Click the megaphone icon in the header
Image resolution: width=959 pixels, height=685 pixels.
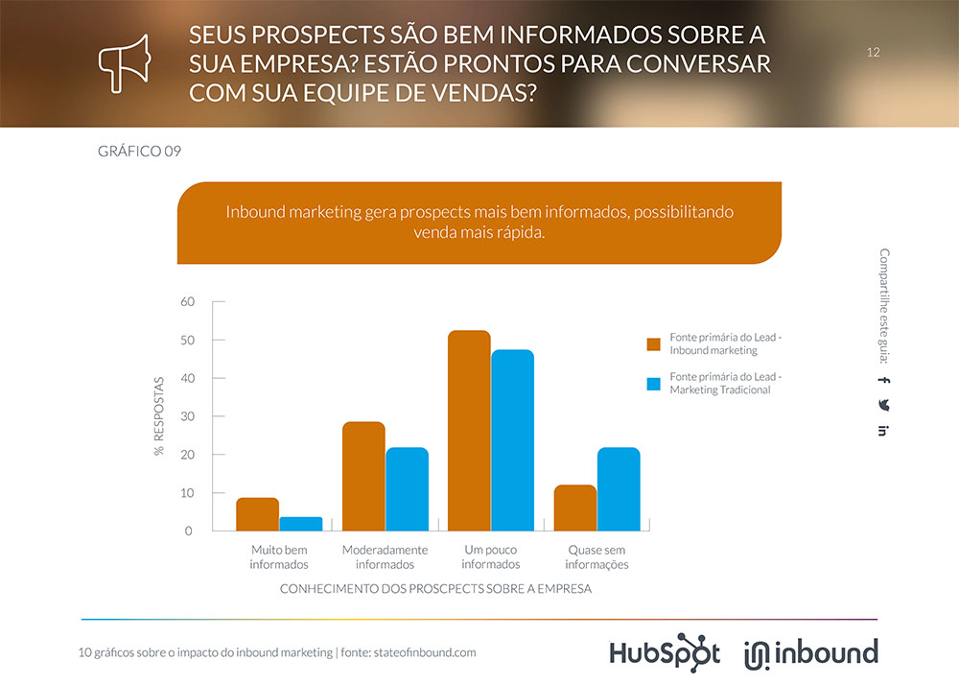125,62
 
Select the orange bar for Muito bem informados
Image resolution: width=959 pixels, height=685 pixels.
258,514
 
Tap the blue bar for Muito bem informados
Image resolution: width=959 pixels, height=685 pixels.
301,524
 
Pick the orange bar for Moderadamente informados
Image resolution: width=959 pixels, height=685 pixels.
363,476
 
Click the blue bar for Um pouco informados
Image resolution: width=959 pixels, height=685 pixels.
512,440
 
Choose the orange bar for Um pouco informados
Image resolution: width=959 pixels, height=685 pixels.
469,431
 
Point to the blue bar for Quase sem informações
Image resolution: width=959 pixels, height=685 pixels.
619,489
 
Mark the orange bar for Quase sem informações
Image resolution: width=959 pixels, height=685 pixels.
575,508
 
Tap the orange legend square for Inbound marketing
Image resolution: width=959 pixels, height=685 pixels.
654,344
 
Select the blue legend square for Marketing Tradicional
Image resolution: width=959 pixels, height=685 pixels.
654,384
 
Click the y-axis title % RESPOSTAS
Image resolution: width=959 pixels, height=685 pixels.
159,415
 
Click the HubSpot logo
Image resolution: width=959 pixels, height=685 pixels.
665,651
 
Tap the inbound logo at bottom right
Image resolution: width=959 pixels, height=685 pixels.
810,652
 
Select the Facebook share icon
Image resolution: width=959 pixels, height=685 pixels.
883,380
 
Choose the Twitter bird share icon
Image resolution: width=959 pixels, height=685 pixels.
883,405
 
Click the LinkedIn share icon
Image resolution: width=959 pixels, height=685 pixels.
883,430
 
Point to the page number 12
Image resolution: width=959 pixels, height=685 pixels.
873,52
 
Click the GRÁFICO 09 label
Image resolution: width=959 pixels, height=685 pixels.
140,152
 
